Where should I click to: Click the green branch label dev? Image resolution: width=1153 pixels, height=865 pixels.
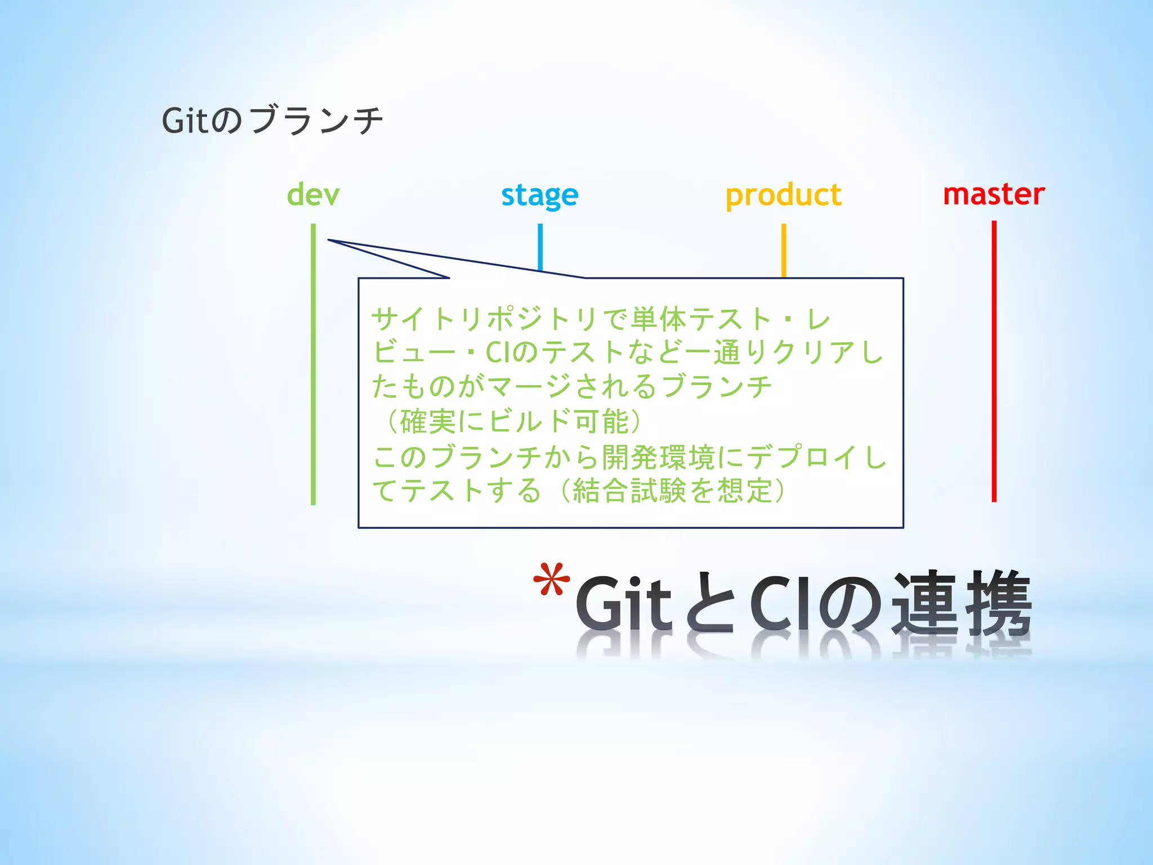pyautogui.click(x=313, y=195)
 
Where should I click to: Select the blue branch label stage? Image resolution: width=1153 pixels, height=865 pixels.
pyautogui.click(x=539, y=195)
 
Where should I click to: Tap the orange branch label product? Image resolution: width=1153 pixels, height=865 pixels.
pyautogui.click(x=783, y=195)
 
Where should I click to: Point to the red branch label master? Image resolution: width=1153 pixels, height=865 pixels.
pyautogui.click(x=994, y=194)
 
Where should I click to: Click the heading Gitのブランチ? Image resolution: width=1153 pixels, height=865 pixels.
pyautogui.click(x=272, y=120)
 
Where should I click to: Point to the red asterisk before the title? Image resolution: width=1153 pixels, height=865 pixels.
pyautogui.click(x=551, y=580)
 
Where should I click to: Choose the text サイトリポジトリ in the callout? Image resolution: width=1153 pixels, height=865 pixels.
pyautogui.click(x=484, y=319)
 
